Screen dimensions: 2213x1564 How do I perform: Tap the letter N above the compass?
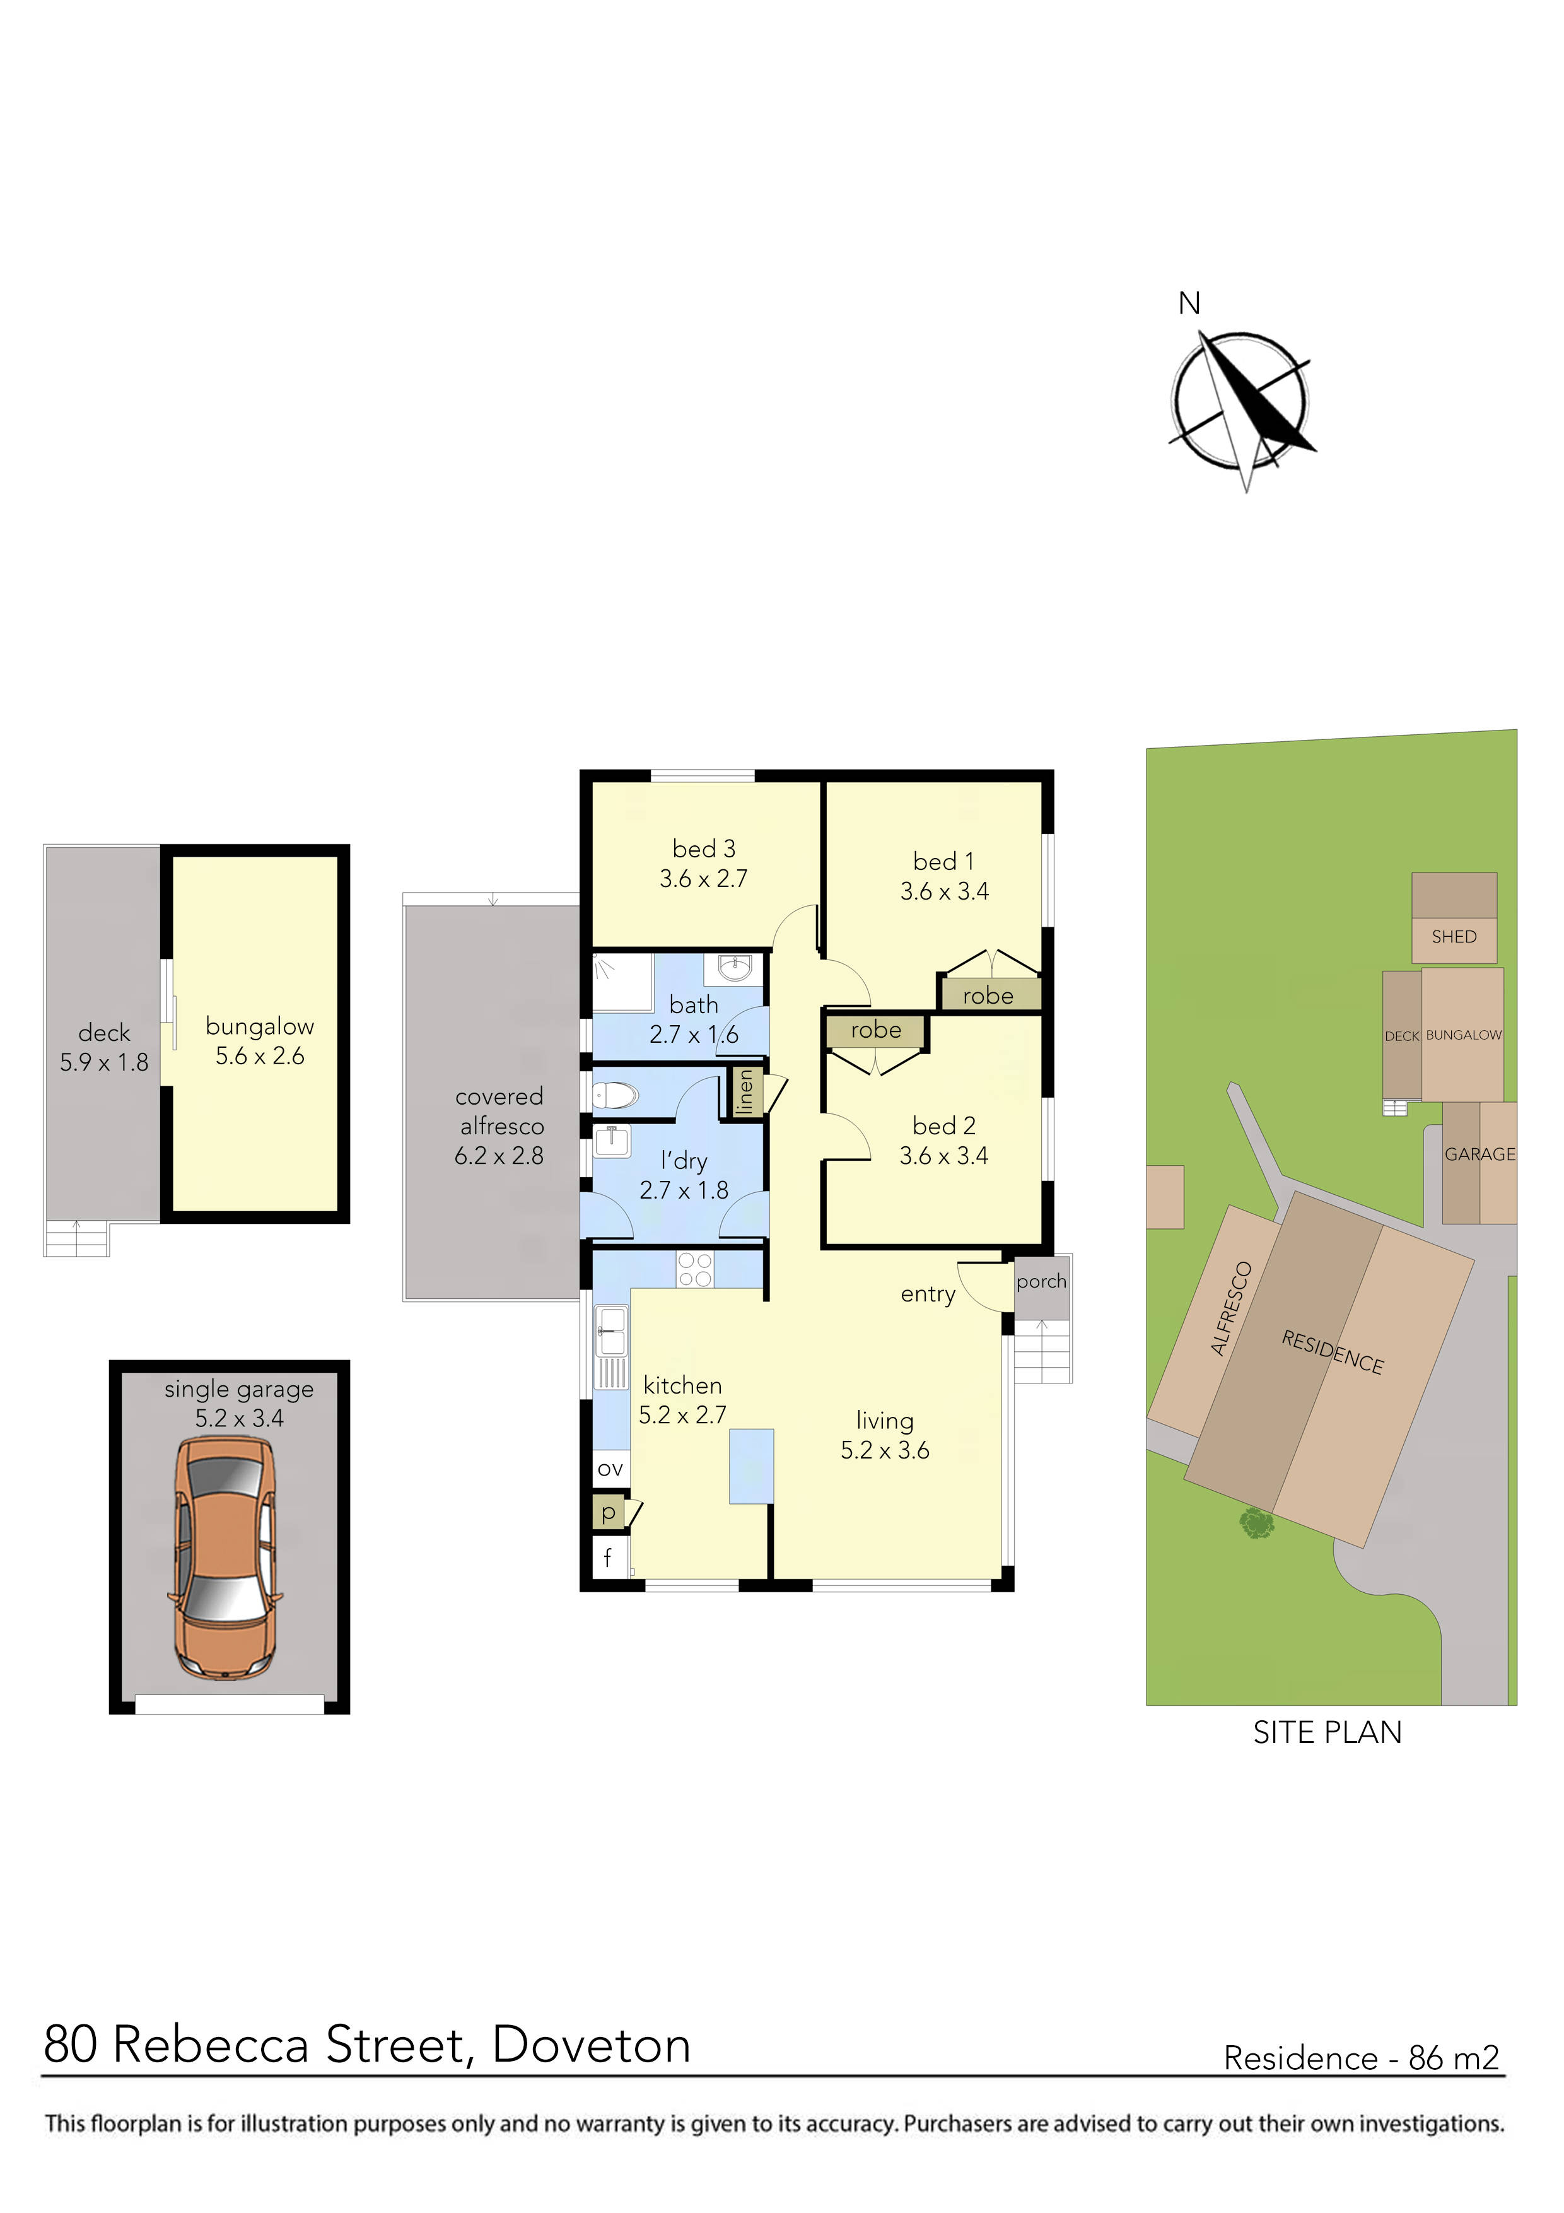1189,303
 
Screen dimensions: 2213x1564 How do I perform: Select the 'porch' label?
1041,1281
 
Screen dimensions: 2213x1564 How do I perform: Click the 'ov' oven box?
610,1469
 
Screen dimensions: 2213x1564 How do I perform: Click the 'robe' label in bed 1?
988,995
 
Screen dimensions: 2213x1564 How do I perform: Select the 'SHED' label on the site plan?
1453,936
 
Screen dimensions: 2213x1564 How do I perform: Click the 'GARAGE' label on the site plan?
1479,1154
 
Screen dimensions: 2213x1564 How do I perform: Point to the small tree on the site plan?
1256,1524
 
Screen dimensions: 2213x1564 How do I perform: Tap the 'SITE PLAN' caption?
1327,1732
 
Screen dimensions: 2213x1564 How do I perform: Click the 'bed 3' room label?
703,848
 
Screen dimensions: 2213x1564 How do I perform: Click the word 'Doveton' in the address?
591,2045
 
